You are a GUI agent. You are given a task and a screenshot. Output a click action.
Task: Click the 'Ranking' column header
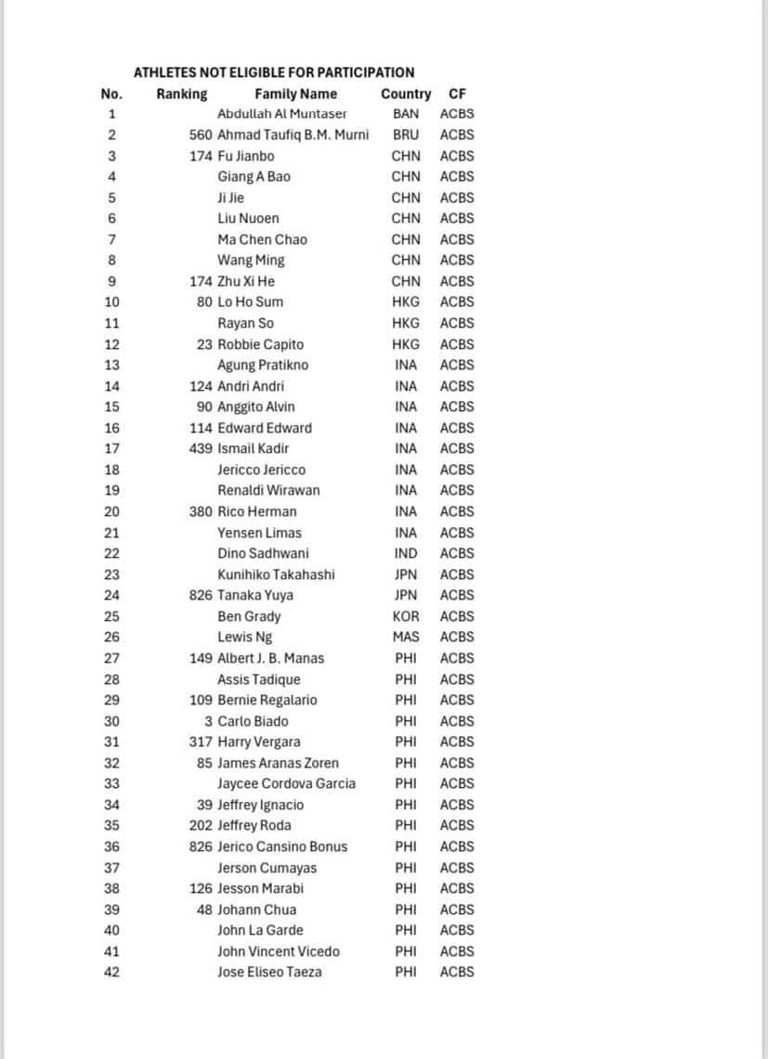click(182, 94)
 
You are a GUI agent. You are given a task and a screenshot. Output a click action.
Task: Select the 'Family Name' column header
click(296, 94)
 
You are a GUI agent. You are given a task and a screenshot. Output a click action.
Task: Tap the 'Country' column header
click(406, 94)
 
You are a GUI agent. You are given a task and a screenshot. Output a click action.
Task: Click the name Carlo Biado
click(253, 721)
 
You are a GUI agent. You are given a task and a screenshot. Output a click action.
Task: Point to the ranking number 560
click(201, 135)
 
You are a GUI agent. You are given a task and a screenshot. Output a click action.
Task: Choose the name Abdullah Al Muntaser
click(282, 114)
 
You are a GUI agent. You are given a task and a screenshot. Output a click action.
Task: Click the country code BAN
click(406, 114)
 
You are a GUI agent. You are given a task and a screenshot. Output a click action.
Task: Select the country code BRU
click(406, 135)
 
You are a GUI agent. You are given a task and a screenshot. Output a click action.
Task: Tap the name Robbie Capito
click(260, 344)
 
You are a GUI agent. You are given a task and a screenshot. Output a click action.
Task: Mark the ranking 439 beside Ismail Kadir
click(201, 448)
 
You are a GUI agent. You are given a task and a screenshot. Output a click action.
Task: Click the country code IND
click(406, 553)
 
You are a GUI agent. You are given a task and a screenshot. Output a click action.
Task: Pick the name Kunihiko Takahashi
click(276, 575)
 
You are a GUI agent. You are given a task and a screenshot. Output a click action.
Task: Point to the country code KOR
click(406, 616)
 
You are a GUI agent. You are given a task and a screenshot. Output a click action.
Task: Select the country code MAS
click(406, 637)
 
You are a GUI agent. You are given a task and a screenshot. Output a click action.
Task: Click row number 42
click(111, 972)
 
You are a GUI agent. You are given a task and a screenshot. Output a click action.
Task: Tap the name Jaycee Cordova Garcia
click(286, 783)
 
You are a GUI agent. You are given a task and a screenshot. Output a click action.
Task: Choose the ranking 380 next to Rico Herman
click(201, 511)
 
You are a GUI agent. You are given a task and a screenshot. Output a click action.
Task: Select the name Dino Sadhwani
click(263, 553)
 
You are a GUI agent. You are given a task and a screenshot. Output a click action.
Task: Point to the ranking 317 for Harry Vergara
click(201, 742)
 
